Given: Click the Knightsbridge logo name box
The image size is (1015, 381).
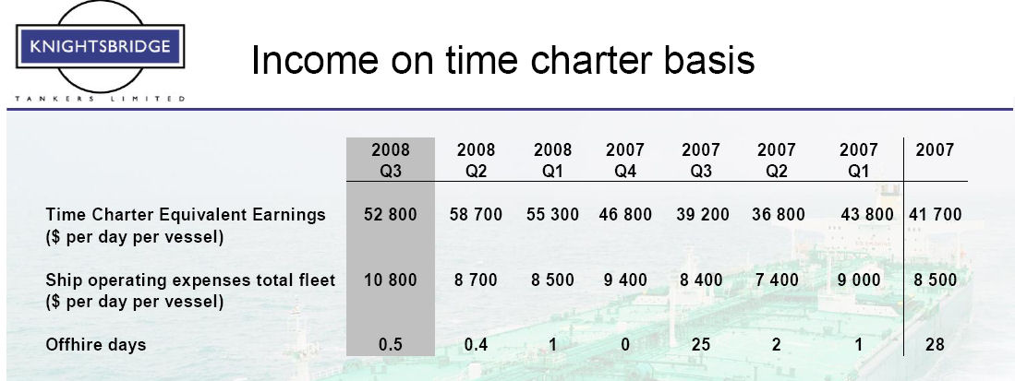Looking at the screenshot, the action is click(101, 46).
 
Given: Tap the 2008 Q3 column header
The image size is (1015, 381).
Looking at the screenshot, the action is click(391, 161).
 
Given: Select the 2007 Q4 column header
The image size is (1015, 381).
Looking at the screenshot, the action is click(624, 161).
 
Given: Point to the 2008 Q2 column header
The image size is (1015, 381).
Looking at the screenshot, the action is click(476, 161).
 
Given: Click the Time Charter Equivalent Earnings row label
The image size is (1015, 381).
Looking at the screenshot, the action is click(186, 215).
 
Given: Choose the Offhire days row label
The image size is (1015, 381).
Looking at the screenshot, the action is click(96, 345).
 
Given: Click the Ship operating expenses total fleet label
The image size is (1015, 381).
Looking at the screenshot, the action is click(190, 280).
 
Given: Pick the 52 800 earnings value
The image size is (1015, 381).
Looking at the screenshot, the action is click(391, 215).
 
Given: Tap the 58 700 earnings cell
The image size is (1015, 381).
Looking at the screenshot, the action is click(476, 215).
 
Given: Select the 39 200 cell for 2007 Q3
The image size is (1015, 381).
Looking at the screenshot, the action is click(702, 215).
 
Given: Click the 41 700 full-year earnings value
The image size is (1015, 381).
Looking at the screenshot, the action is click(936, 215).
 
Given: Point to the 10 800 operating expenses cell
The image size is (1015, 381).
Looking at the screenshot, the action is click(391, 280).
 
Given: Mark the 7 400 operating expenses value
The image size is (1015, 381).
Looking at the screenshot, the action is click(776, 280).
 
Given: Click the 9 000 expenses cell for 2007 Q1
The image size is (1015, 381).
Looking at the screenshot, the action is click(858, 280).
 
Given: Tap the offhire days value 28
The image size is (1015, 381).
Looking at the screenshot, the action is click(935, 345).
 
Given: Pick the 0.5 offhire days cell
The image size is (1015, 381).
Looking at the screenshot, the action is click(391, 345).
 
